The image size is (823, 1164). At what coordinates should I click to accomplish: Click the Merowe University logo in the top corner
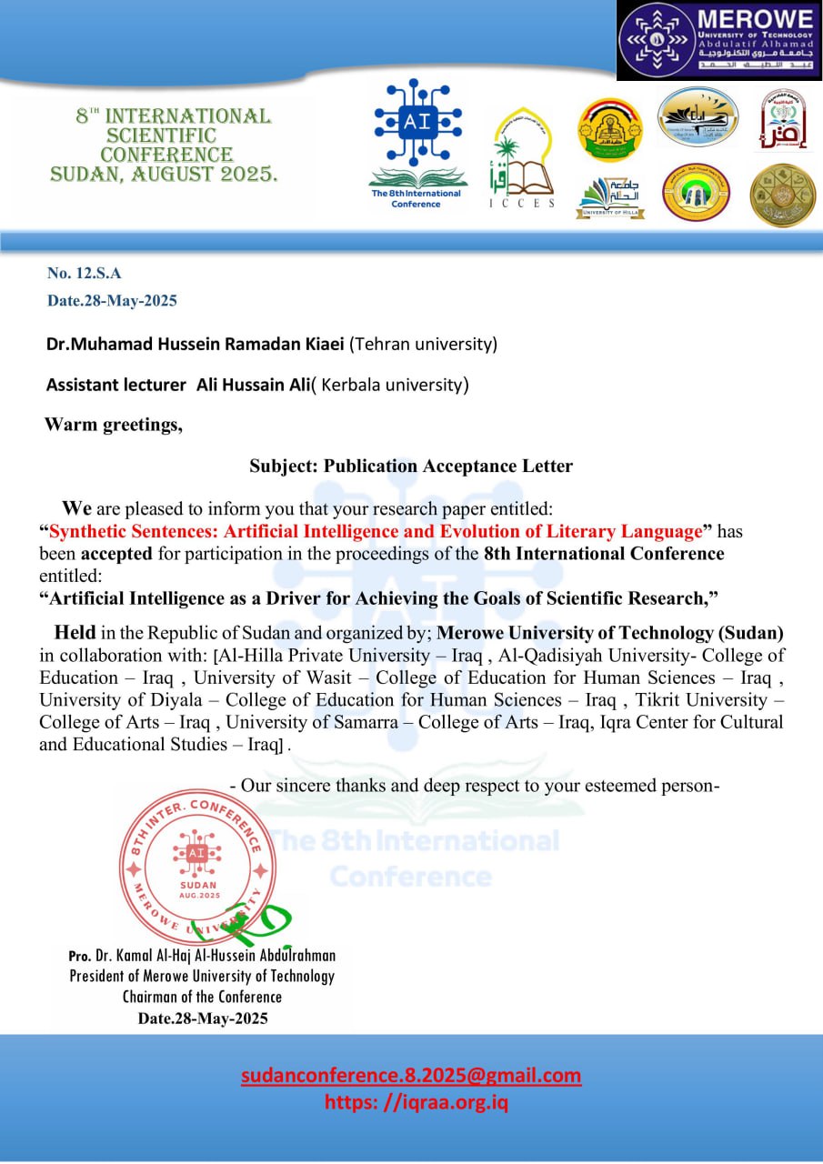(718, 41)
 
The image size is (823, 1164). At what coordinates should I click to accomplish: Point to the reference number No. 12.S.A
(84, 272)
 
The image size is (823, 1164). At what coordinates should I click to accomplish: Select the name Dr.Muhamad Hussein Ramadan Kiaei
(196, 345)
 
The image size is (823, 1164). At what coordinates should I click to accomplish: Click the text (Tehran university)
(424, 345)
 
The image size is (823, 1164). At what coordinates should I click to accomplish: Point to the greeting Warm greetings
(114, 424)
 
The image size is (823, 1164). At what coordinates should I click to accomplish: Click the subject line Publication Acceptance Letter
(411, 467)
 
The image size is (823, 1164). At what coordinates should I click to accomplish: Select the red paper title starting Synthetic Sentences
(376, 531)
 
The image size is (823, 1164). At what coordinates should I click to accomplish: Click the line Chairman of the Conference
(202, 997)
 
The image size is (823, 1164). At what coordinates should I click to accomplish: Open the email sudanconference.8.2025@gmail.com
(411, 1076)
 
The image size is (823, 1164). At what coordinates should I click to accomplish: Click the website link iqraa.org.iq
(417, 1103)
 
